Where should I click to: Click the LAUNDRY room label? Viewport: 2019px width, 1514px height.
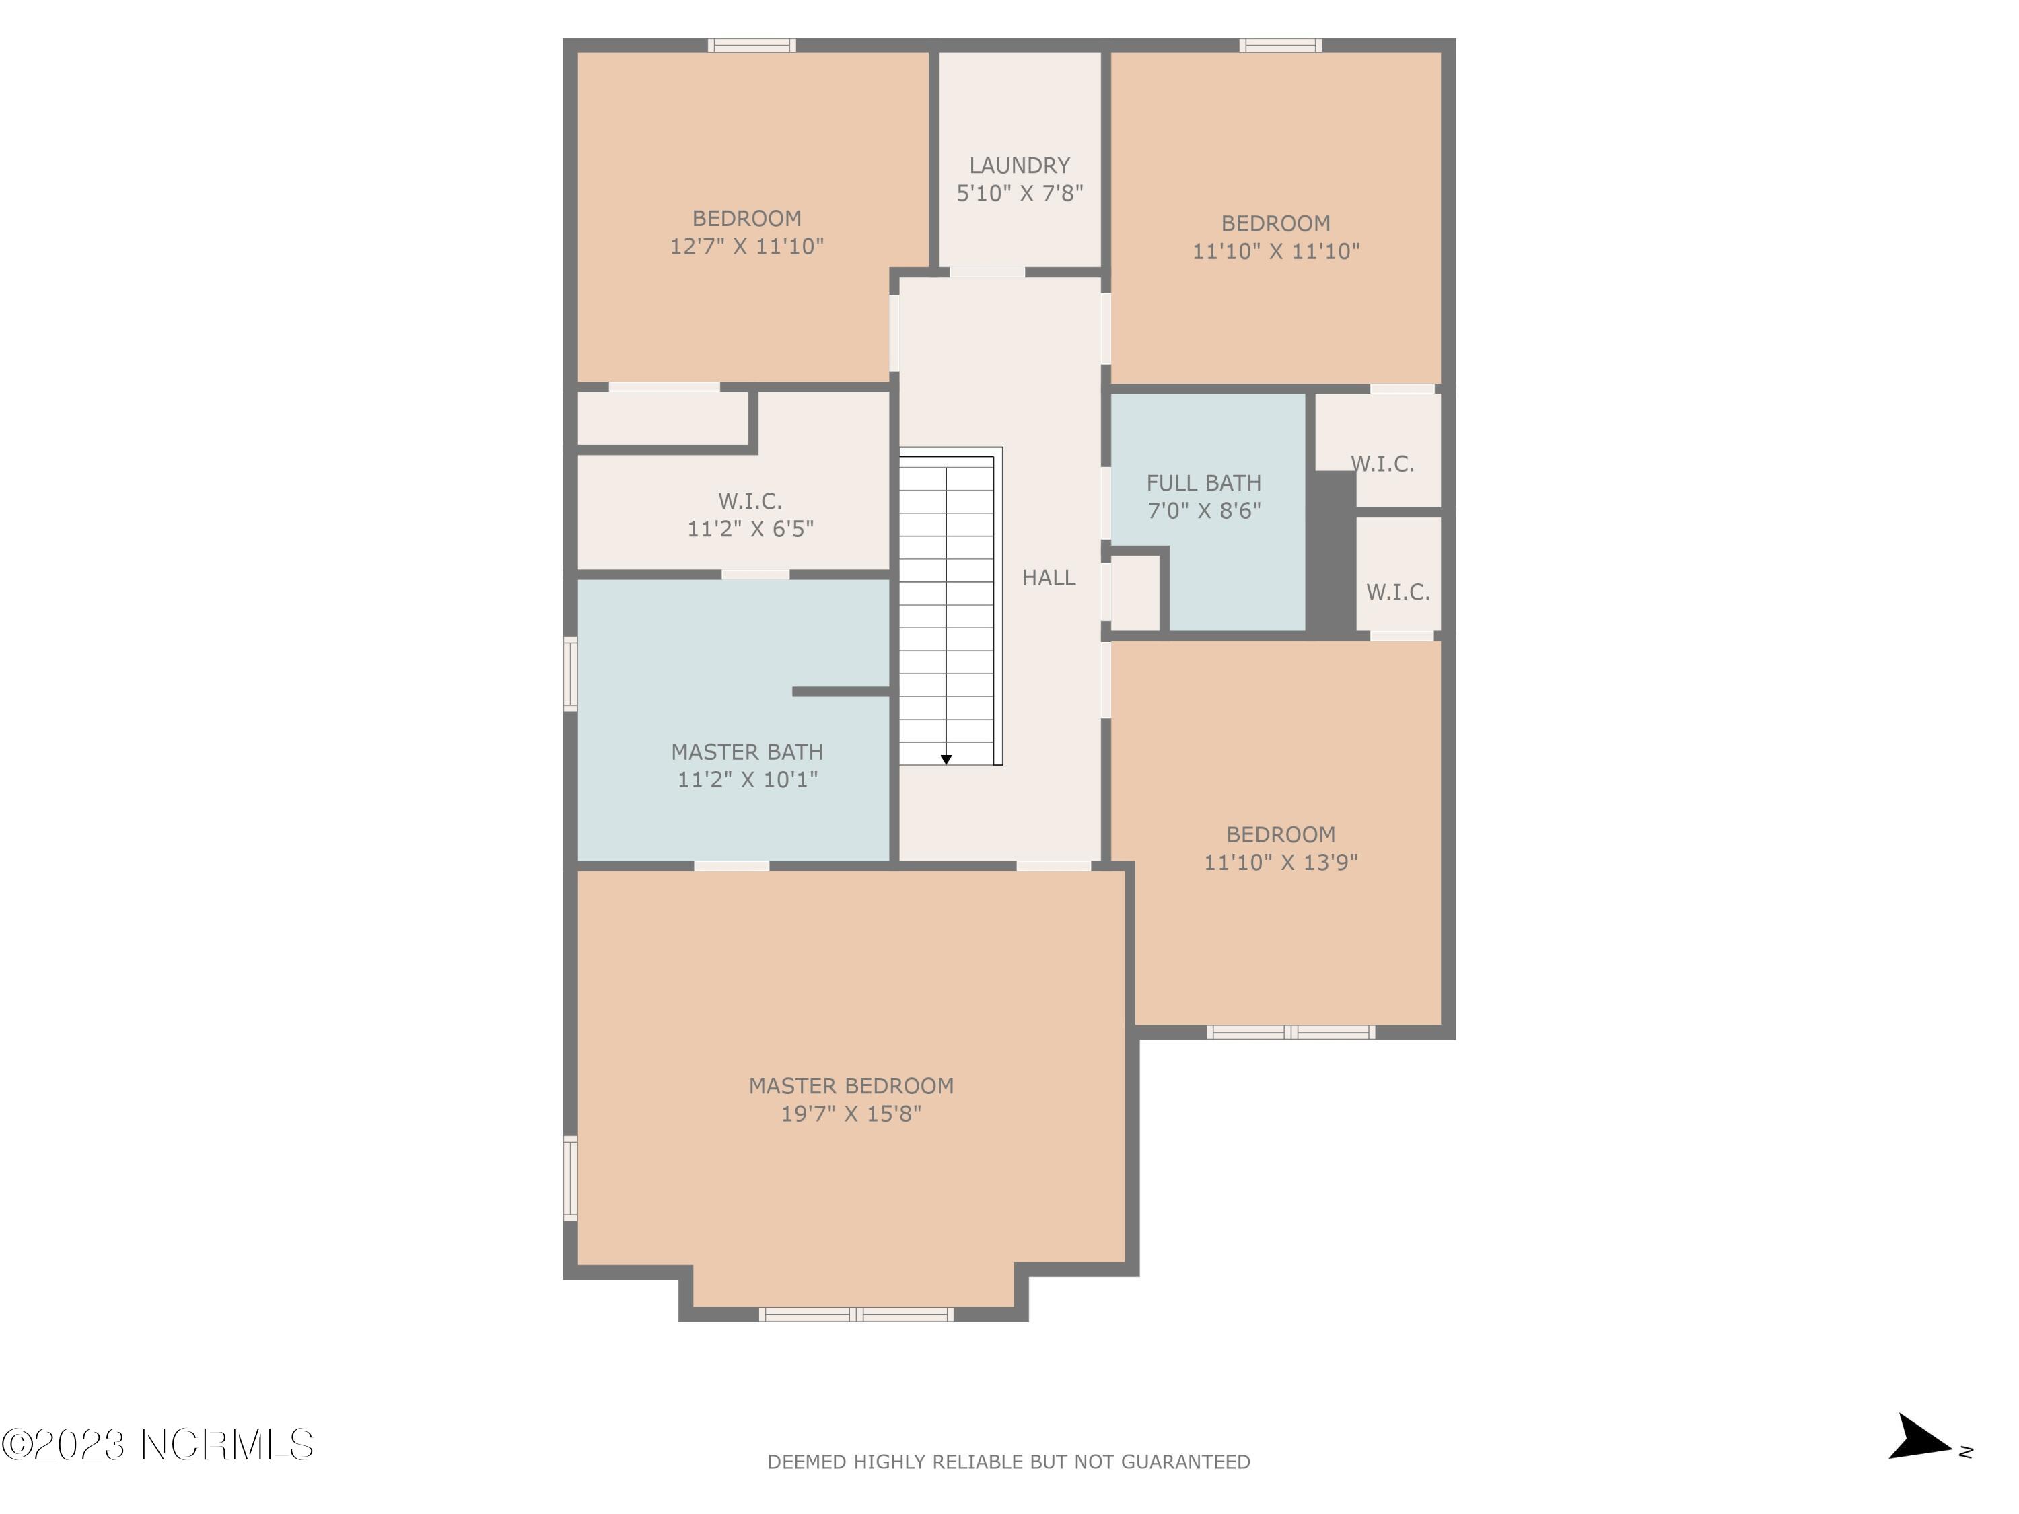[1020, 165]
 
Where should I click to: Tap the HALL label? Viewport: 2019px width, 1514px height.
[1049, 577]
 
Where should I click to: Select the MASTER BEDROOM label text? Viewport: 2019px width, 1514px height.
[851, 1086]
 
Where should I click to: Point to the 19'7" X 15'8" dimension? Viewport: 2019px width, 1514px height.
[851, 1114]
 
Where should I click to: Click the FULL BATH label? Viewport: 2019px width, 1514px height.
[1204, 482]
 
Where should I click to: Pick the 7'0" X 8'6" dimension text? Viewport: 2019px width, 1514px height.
[1204, 510]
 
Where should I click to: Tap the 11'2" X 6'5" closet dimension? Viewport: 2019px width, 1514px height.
[750, 528]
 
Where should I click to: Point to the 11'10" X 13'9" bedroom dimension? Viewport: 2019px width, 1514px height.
[1281, 861]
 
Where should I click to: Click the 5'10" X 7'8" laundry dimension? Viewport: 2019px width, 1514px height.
[1020, 192]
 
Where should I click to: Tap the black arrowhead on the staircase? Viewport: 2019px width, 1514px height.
[946, 759]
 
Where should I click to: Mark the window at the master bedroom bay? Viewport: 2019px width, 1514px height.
[856, 1314]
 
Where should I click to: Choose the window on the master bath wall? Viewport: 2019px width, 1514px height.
[571, 674]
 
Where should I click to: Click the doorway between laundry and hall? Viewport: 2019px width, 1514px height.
[987, 272]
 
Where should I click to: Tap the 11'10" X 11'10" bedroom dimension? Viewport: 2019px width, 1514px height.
[1276, 251]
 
